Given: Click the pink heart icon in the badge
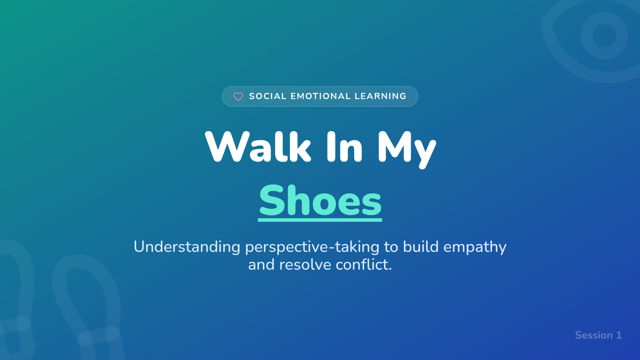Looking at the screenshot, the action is pyautogui.click(x=238, y=97).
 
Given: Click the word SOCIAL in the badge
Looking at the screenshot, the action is pyautogui.click(x=268, y=97).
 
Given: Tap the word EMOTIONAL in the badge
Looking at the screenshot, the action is pyautogui.click(x=321, y=97).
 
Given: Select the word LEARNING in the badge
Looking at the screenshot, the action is pyautogui.click(x=380, y=97).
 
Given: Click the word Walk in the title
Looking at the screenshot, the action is pyautogui.click(x=258, y=147).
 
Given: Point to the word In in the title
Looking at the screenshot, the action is pyautogui.click(x=345, y=147).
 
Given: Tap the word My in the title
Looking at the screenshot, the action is pyautogui.click(x=407, y=150).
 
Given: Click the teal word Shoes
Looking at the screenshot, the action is pyautogui.click(x=320, y=200).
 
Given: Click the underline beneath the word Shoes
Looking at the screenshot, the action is pyautogui.click(x=320, y=220).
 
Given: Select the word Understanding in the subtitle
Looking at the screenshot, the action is pyautogui.click(x=187, y=247).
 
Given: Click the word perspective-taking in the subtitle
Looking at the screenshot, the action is pyautogui.click(x=313, y=247).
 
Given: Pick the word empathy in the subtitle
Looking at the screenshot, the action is pyautogui.click(x=475, y=247).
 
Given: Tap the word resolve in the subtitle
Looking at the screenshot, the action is pyautogui.click(x=305, y=265).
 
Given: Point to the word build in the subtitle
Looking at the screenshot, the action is pyautogui.click(x=421, y=247).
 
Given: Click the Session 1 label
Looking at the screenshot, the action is pyautogui.click(x=598, y=335).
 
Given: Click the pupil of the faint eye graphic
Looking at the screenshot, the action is pyautogui.click(x=604, y=35).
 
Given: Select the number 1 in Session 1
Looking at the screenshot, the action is pyautogui.click(x=619, y=335).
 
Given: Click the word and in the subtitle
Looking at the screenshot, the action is pyautogui.click(x=261, y=265).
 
